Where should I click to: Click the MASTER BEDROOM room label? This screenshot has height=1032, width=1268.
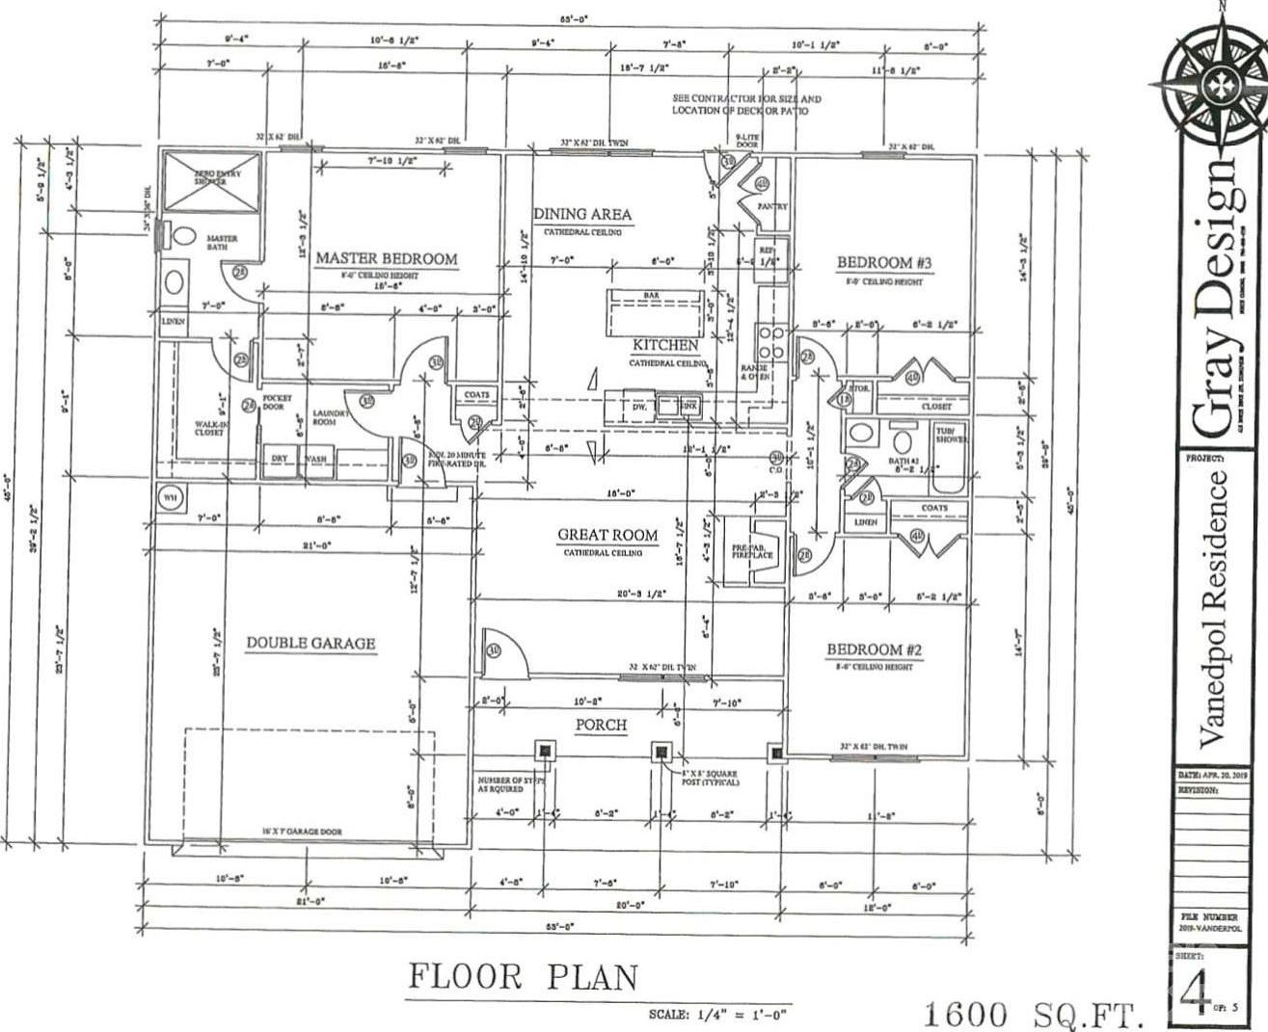click(387, 258)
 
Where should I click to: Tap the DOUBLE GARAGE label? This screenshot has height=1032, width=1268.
click(310, 643)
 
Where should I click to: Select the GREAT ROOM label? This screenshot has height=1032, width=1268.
click(607, 535)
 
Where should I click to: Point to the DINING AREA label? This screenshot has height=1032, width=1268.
click(582, 214)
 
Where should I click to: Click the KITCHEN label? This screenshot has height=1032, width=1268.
click(665, 345)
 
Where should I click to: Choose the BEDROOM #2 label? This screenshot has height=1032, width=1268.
click(876, 649)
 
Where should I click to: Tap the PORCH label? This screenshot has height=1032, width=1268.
click(602, 725)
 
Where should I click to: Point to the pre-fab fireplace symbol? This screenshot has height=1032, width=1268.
click(766, 548)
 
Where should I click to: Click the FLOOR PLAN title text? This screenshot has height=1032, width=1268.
click(524, 977)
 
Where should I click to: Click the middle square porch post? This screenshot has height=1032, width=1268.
click(661, 751)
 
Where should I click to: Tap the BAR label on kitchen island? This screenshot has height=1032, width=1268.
click(651, 295)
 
